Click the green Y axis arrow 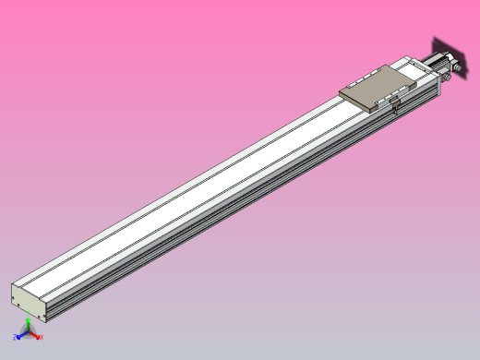[x=29, y=323]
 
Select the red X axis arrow [x=36, y=337]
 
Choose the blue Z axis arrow [x=21, y=337]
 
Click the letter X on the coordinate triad [x=42, y=338]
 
